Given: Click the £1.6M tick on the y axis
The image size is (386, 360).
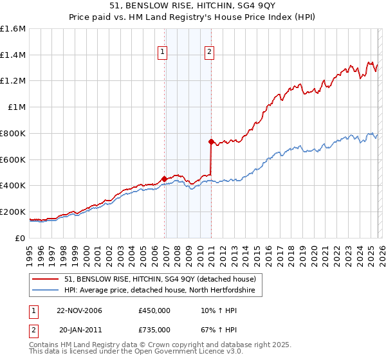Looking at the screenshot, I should [x=13, y=29].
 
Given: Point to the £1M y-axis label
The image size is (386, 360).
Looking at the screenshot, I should [x=16, y=107].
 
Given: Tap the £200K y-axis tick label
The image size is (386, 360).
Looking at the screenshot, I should [x=13, y=212].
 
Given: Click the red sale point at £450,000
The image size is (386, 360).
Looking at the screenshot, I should [x=164, y=179].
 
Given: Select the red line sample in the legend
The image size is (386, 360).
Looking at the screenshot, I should [x=46, y=280].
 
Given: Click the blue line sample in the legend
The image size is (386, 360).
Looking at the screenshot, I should [x=46, y=291].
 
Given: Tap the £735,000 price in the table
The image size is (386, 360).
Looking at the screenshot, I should [x=154, y=329].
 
